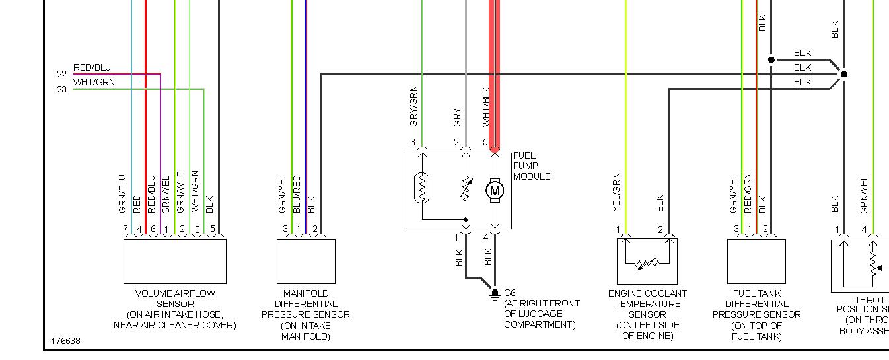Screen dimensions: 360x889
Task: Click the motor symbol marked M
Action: tap(495, 191)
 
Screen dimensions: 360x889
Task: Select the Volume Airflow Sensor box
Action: tap(175, 261)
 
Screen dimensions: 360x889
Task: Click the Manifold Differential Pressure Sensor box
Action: tap(306, 261)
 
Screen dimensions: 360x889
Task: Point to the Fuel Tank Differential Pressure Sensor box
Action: tap(756, 261)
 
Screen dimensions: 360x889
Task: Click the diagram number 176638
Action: tap(66, 342)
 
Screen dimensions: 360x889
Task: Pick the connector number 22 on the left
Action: tap(61, 75)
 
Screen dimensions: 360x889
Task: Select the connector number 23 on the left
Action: tap(61, 89)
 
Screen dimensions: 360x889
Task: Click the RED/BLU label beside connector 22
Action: tap(92, 67)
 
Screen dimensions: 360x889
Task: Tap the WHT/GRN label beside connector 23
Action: tap(94, 82)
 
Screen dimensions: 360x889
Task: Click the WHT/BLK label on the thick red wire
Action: tap(486, 107)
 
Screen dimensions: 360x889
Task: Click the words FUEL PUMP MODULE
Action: tap(532, 166)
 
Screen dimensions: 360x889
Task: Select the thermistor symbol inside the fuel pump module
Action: tap(423, 188)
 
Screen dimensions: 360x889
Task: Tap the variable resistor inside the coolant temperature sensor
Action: tap(647, 264)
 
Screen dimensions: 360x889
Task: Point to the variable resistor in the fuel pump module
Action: tap(466, 190)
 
